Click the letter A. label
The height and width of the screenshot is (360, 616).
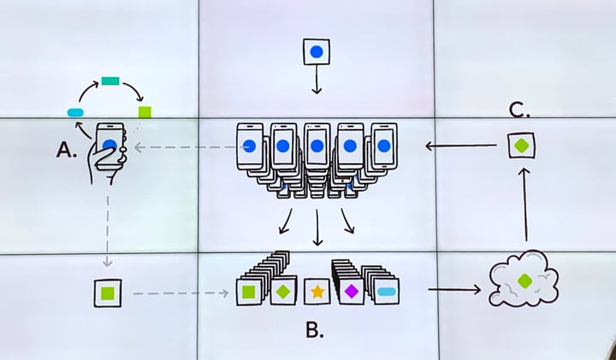click(66, 150)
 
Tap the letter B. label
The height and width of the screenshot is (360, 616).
click(315, 330)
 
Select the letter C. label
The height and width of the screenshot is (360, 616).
click(519, 109)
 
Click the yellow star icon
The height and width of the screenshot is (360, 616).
click(317, 292)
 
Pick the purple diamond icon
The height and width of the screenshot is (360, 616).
click(352, 292)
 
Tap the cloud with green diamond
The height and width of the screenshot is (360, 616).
click(524, 279)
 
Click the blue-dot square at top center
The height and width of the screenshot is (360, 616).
click(317, 51)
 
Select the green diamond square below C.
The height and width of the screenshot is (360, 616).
click(521, 145)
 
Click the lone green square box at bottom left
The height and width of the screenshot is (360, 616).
click(108, 292)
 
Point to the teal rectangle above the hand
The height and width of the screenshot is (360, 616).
click(110, 81)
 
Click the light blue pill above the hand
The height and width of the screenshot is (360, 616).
click(75, 113)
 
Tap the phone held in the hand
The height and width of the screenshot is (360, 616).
click(110, 145)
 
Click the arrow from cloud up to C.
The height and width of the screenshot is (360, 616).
click(525, 204)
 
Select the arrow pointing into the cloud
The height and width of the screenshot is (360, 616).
click(454, 290)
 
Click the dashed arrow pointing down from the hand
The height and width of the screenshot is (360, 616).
click(107, 230)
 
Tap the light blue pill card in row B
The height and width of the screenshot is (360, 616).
click(387, 292)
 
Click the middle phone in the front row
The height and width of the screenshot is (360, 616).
click(317, 145)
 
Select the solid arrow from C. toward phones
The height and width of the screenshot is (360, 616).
click(461, 146)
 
